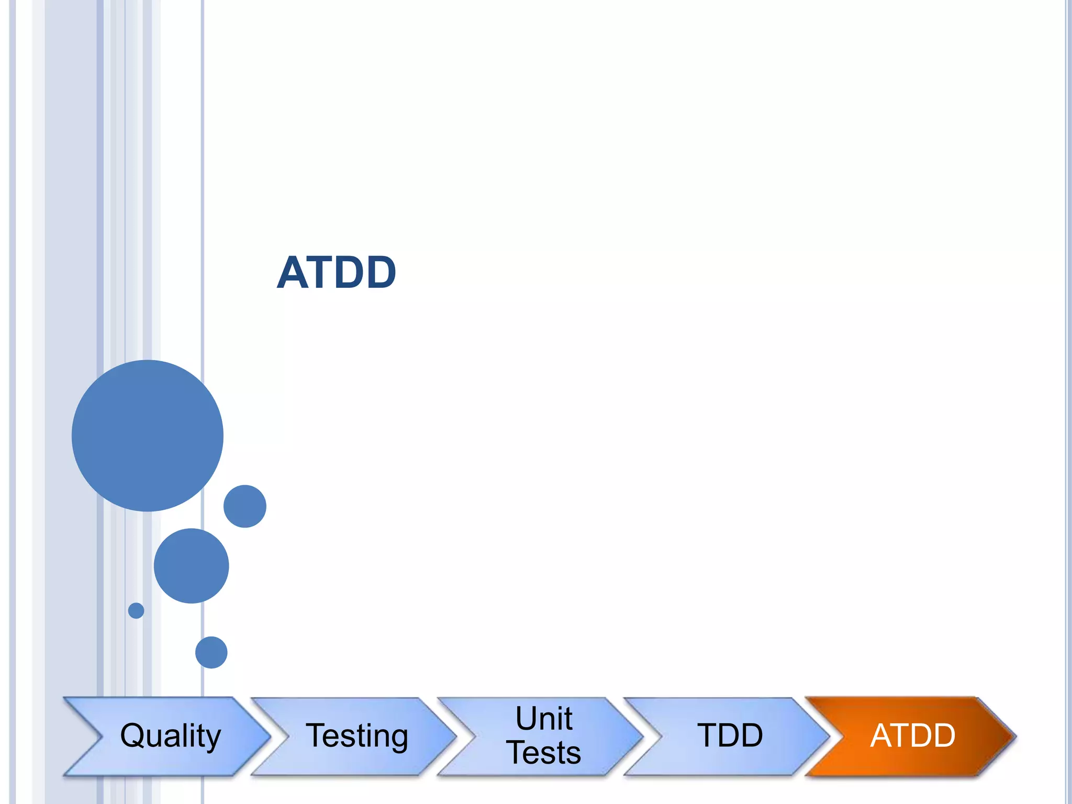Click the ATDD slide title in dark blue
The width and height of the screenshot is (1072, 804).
(x=336, y=272)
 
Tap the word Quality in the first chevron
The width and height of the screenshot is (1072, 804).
(x=171, y=735)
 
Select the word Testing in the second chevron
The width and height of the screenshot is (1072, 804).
(x=357, y=735)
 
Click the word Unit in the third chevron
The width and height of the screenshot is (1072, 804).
(x=544, y=718)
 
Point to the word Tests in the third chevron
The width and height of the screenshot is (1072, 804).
(x=544, y=753)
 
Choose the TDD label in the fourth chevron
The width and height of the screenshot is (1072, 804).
(x=730, y=735)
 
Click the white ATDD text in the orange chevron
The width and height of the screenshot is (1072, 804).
(x=913, y=735)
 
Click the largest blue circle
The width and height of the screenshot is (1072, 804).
(x=148, y=435)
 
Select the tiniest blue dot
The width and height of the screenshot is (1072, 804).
(x=136, y=610)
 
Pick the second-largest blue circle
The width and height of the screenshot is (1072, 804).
(x=192, y=566)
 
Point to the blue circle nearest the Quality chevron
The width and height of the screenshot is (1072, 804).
(x=211, y=652)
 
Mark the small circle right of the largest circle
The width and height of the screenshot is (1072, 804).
(x=245, y=506)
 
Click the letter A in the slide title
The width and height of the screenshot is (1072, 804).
(x=293, y=273)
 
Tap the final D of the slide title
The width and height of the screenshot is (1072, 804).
(x=381, y=273)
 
